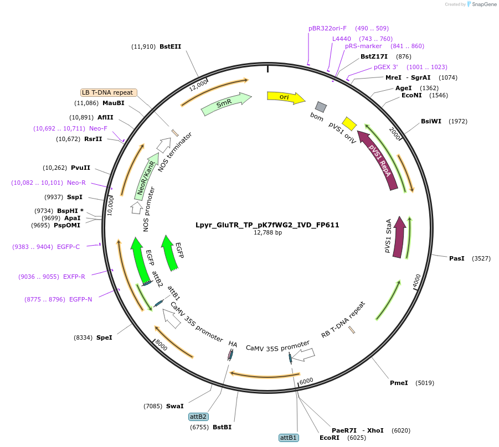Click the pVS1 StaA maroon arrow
pos(399,238)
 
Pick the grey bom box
pos(321,107)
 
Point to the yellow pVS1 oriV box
pos(349,123)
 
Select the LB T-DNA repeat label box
pos(109,92)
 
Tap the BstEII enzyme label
pos(170,47)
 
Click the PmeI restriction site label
pos(399,383)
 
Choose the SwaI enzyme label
pos(174,406)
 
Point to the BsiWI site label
pos(431,121)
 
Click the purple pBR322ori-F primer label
pos(327,28)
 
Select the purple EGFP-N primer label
pos(80,299)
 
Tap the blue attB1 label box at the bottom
pos(289,438)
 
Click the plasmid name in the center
pos(267,225)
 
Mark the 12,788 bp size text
pos(267,233)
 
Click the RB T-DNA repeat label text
pos(343,320)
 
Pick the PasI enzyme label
pos(457,258)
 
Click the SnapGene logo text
pos(483,4)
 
